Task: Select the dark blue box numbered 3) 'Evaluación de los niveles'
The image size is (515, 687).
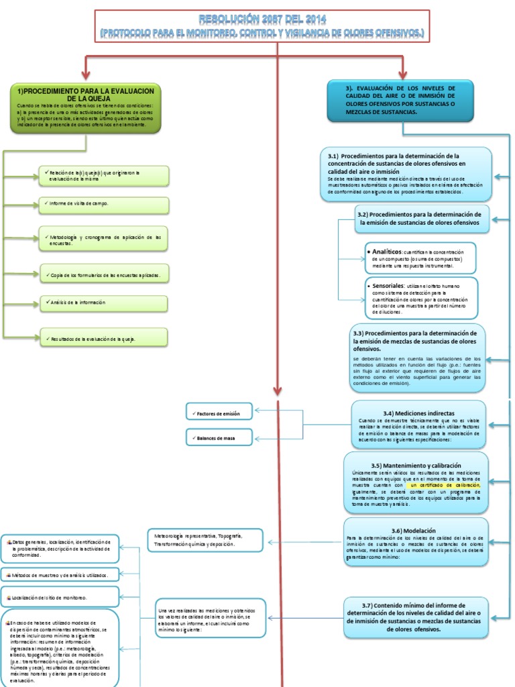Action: click(400, 101)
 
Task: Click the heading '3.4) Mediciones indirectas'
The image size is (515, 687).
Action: click(418, 413)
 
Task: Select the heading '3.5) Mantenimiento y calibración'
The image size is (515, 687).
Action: click(415, 465)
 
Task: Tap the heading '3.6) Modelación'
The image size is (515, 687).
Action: click(416, 529)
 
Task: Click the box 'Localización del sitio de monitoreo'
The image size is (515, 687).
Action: click(60, 596)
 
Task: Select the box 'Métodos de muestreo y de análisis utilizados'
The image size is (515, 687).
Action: click(60, 574)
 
